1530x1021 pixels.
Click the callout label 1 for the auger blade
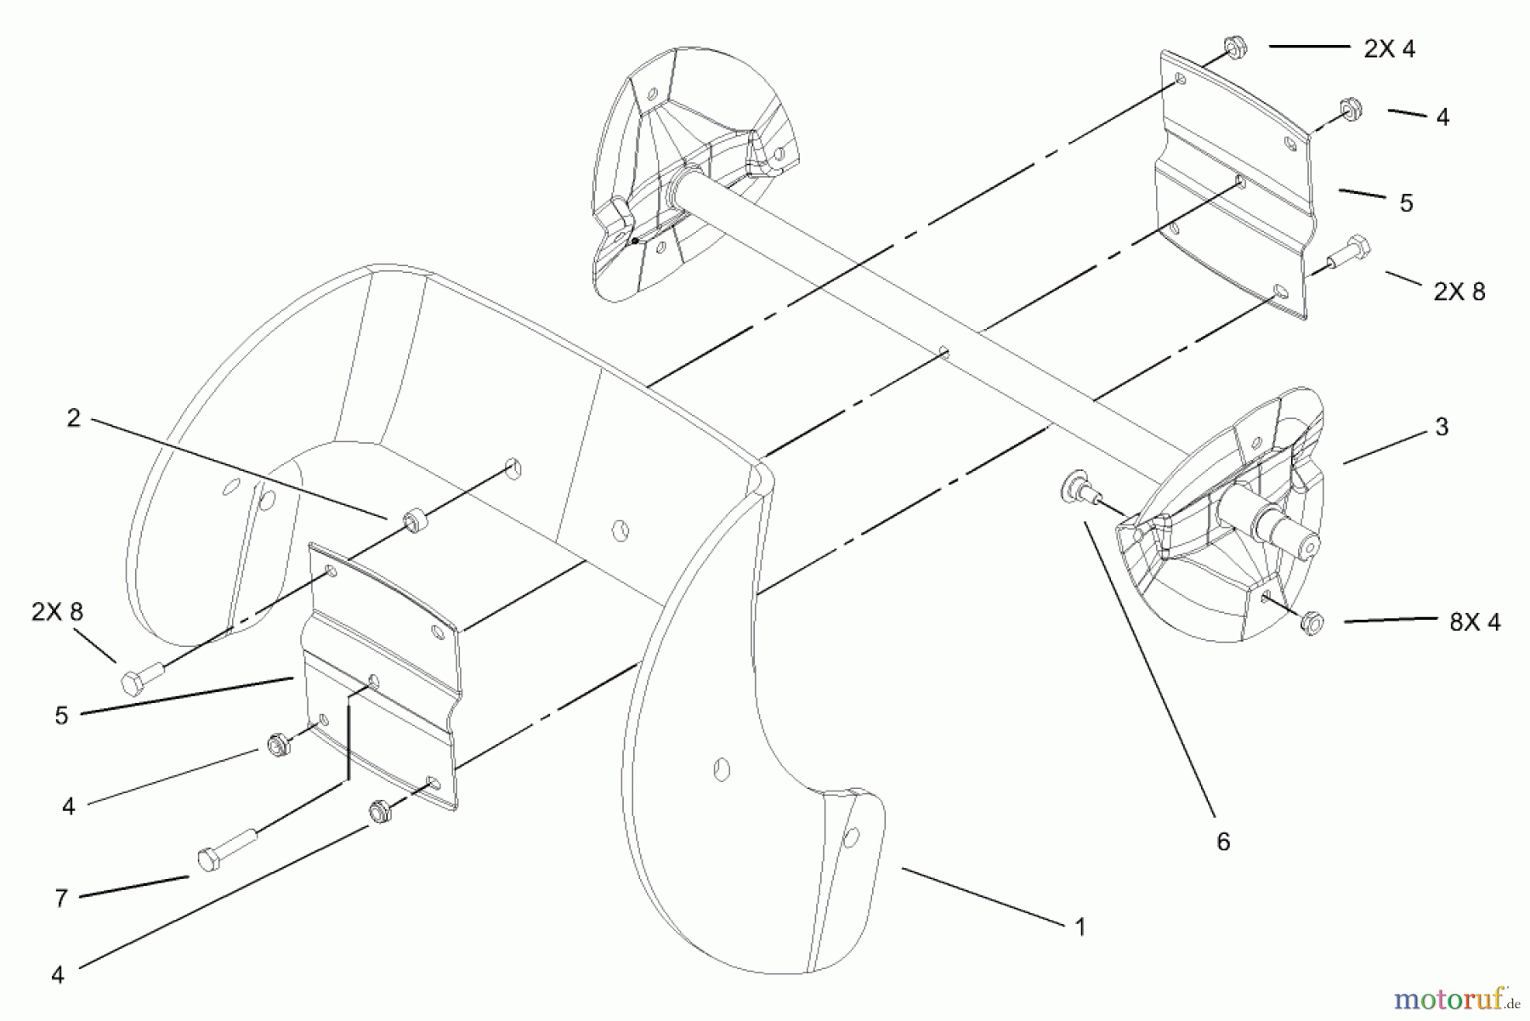(1079, 927)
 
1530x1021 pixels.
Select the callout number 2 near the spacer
(74, 418)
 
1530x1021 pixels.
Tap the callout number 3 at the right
(1442, 428)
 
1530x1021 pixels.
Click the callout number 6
(1223, 842)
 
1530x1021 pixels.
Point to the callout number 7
(61, 899)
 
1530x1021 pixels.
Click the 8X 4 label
(1476, 622)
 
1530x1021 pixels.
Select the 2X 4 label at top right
(1390, 49)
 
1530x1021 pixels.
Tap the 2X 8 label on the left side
(58, 612)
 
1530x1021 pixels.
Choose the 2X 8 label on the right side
(1459, 292)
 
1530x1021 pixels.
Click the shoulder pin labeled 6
(1077, 488)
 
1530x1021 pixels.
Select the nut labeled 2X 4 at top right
(1236, 48)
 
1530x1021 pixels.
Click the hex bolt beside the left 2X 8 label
(142, 679)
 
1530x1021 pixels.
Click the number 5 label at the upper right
(1406, 204)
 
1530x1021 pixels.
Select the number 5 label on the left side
(61, 717)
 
